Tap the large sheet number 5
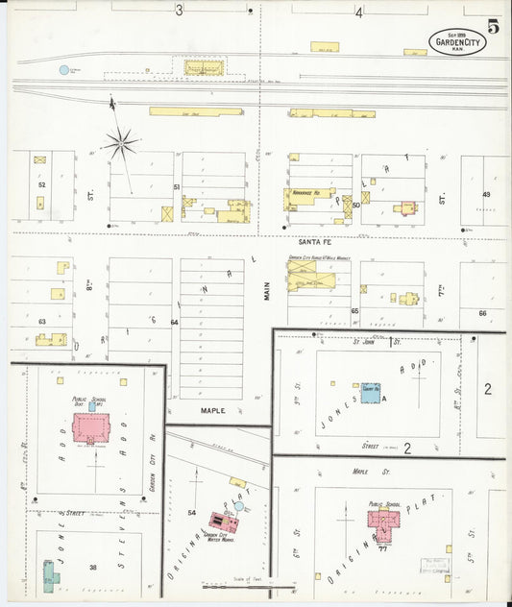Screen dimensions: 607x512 (493, 26)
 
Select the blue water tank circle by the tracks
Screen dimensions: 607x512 (64, 70)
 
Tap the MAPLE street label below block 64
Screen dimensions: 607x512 (212, 410)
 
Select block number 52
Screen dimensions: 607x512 (41, 183)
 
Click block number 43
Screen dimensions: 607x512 (486, 194)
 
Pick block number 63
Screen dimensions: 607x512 (41, 321)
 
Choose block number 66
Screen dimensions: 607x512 (482, 313)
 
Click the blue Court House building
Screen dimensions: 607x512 (371, 393)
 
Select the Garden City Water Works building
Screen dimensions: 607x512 (223, 522)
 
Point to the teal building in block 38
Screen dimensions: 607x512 (49, 576)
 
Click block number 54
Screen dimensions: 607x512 (191, 513)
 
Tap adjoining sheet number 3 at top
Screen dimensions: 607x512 (179, 12)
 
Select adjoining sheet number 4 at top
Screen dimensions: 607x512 (359, 12)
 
